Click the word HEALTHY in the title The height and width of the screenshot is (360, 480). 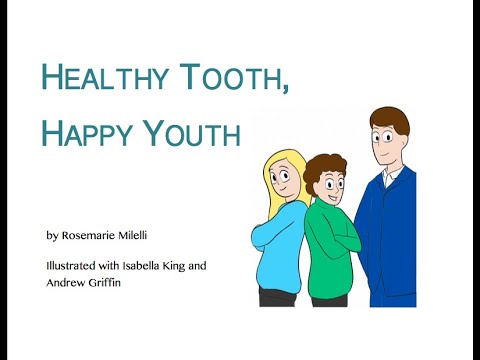tap(104, 78)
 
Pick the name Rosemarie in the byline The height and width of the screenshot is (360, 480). tap(88, 235)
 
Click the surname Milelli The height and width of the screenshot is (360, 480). tap(132, 235)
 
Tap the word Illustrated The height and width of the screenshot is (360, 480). tap(71, 266)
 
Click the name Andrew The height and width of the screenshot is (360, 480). tap(66, 283)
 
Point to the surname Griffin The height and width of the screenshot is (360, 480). tap(104, 283)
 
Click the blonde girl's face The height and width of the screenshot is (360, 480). tap(280, 180)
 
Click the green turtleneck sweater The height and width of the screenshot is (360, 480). tap(331, 247)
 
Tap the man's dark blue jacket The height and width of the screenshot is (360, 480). tap(387, 237)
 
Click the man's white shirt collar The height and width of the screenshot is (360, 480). tap(391, 177)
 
